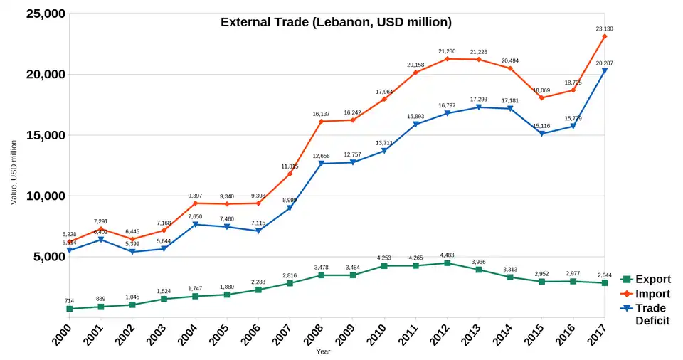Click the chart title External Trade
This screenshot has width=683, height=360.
tap(336, 22)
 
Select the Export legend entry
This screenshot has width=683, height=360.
tap(652, 280)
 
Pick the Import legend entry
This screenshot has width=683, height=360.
tap(652, 294)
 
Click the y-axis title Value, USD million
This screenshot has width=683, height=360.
tap(14, 171)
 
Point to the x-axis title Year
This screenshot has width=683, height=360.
tap(324, 351)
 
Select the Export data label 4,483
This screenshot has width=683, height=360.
tap(447, 255)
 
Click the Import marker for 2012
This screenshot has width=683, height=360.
tap(447, 58)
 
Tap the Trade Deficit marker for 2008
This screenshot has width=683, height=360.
tap(321, 164)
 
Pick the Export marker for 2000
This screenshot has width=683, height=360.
tap(69, 309)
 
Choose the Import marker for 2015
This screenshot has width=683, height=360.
tap(541, 97)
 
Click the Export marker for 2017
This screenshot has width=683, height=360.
tap(604, 283)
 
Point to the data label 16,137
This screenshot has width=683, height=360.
tap(321, 113)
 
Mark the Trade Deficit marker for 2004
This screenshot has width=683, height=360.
tap(195, 225)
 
